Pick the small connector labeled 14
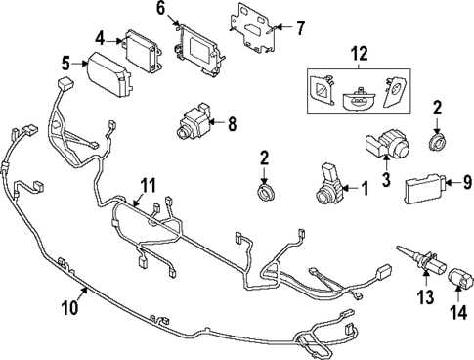point(455,285)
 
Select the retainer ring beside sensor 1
point(264,193)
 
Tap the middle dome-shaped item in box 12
point(361,95)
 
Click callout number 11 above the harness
point(148,184)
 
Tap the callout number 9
point(466,181)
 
